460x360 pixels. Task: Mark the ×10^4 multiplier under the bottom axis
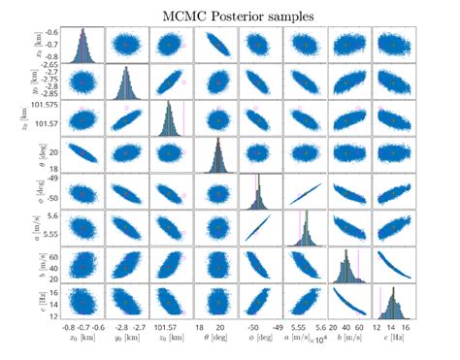coord(326,336)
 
